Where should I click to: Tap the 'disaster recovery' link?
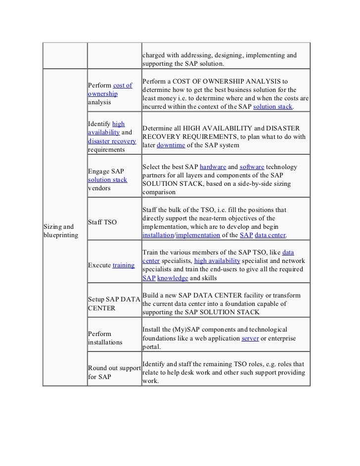click(x=111, y=141)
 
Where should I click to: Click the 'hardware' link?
click(x=213, y=167)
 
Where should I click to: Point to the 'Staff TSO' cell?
click(x=102, y=222)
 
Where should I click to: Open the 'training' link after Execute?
click(x=123, y=265)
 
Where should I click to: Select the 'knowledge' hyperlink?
click(x=173, y=278)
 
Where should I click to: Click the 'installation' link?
click(x=156, y=235)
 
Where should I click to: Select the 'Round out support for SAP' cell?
click(x=114, y=372)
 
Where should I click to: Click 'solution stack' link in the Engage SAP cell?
click(x=107, y=179)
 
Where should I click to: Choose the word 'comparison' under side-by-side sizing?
click(x=159, y=193)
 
